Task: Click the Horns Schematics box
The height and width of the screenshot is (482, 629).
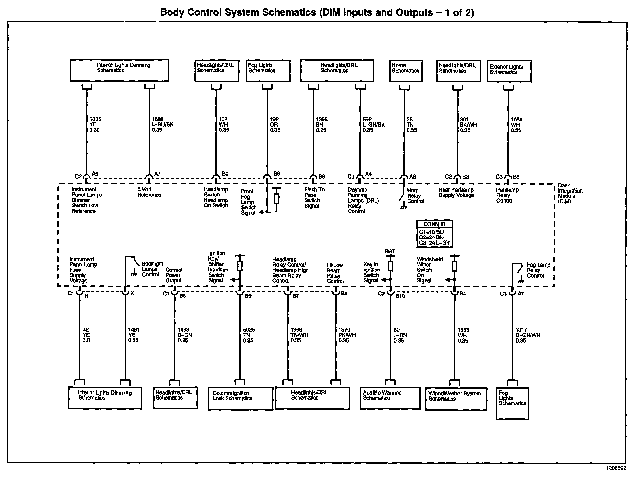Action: [x=405, y=71]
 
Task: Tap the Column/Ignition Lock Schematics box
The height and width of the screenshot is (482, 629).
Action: [x=240, y=398]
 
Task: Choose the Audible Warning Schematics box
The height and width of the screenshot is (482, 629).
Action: [x=390, y=398]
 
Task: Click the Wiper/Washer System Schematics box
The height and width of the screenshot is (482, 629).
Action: [x=456, y=399]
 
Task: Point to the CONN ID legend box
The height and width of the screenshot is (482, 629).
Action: [x=434, y=234]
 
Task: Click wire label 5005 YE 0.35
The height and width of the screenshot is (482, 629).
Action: [x=95, y=125]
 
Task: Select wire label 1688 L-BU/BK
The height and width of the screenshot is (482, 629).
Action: [x=162, y=125]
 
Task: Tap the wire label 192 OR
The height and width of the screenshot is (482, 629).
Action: [x=275, y=125]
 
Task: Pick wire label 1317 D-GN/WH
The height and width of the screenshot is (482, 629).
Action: [x=528, y=335]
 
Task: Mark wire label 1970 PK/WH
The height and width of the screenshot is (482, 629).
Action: [x=347, y=335]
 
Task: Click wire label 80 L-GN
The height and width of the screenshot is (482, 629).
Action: [x=400, y=335]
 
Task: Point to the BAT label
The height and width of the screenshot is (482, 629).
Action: [x=390, y=251]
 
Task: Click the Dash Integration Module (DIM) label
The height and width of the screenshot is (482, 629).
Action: [x=570, y=193]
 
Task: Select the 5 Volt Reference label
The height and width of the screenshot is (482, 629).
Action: [x=149, y=192]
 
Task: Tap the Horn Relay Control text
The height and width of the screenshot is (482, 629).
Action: [x=416, y=195]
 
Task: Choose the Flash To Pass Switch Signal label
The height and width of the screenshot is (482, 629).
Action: [x=314, y=197]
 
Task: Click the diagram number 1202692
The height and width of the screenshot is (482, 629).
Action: [x=616, y=468]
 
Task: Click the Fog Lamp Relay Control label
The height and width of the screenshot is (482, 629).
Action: [x=538, y=270]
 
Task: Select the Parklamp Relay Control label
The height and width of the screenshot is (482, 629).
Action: [x=507, y=195]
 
